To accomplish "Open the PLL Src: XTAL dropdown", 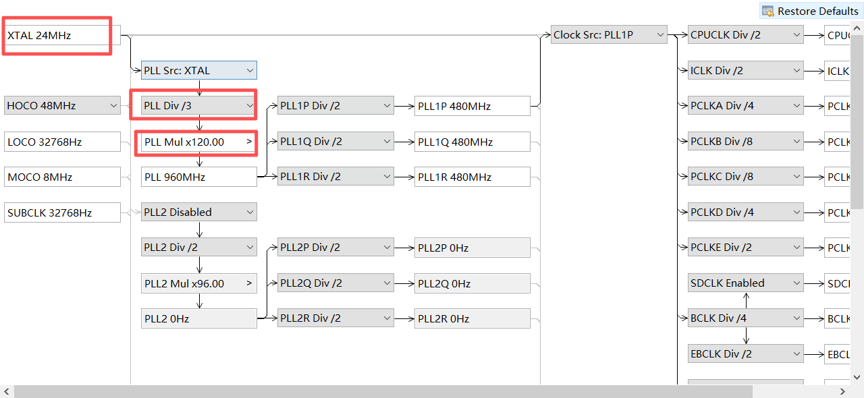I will click(198, 70).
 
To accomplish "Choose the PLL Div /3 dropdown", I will click(198, 106).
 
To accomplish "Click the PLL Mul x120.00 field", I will click(198, 142).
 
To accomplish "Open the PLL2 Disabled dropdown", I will click(198, 212).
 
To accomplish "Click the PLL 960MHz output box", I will click(198, 177).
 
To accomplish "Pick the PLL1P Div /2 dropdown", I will click(335, 105).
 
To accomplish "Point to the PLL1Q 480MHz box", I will click(472, 142).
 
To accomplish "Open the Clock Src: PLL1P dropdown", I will click(609, 34).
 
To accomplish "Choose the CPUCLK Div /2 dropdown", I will click(745, 34).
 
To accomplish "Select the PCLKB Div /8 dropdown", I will click(745, 141).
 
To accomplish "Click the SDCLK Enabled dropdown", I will click(745, 283).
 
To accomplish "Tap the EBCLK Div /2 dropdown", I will click(745, 353).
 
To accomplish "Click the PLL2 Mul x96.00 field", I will click(198, 283).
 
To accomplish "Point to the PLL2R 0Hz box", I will click(472, 318).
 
